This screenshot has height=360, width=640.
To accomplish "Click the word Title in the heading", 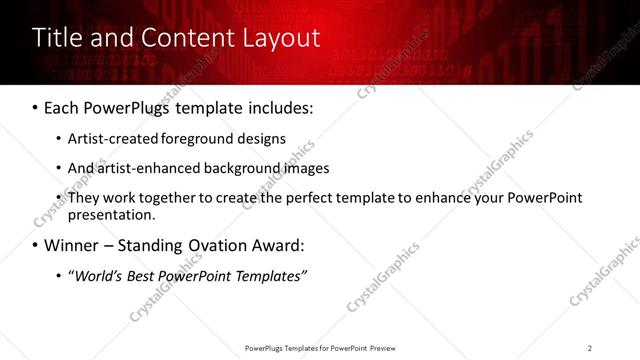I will point(56,39).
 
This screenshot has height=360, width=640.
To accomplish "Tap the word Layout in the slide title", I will point(281,39).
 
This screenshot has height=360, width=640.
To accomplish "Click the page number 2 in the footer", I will point(590,347).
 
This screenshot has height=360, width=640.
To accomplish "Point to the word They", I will point(84,197).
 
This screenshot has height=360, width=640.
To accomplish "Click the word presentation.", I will point(111,214).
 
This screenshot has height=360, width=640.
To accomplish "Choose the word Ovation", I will point(211,245).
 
